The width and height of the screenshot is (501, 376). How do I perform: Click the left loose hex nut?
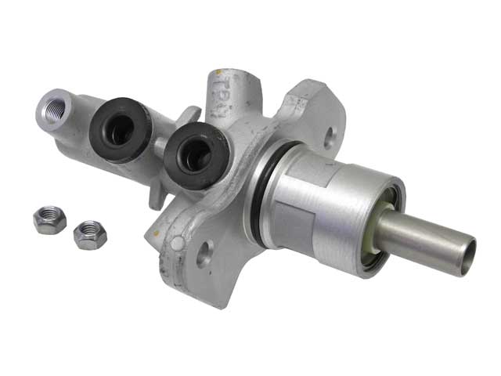tap(49, 219)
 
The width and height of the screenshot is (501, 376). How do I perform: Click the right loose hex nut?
tap(89, 234)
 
